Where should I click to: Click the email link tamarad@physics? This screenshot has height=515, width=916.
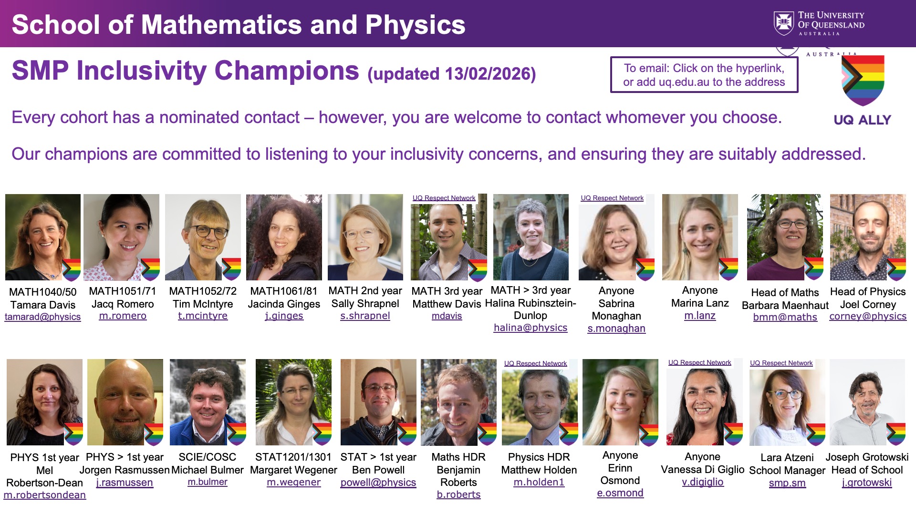[x=42, y=317]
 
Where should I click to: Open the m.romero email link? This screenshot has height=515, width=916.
[x=123, y=316]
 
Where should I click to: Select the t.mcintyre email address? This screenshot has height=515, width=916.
[x=203, y=316]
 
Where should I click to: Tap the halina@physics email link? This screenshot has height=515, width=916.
[x=531, y=328]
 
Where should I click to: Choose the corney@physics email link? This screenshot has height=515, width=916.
[x=868, y=316]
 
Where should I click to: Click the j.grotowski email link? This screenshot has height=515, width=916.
[x=867, y=483]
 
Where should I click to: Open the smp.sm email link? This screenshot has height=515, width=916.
[x=787, y=483]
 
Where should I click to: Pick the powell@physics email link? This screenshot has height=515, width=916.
[x=378, y=483]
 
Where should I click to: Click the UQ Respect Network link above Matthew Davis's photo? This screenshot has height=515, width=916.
[x=444, y=198]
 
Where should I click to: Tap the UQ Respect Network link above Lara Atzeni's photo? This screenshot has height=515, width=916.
[x=781, y=363]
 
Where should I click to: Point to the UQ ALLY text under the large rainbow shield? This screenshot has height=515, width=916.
[x=863, y=120]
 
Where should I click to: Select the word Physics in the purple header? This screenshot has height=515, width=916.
[x=416, y=25]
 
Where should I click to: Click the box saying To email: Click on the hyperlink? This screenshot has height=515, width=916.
[x=704, y=75]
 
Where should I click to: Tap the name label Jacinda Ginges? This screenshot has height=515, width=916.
[x=284, y=304]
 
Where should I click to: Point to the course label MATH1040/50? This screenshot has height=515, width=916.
[x=43, y=292]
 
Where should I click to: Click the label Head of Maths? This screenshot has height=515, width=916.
[x=785, y=292]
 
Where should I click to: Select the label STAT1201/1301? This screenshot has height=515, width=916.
[x=293, y=457]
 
